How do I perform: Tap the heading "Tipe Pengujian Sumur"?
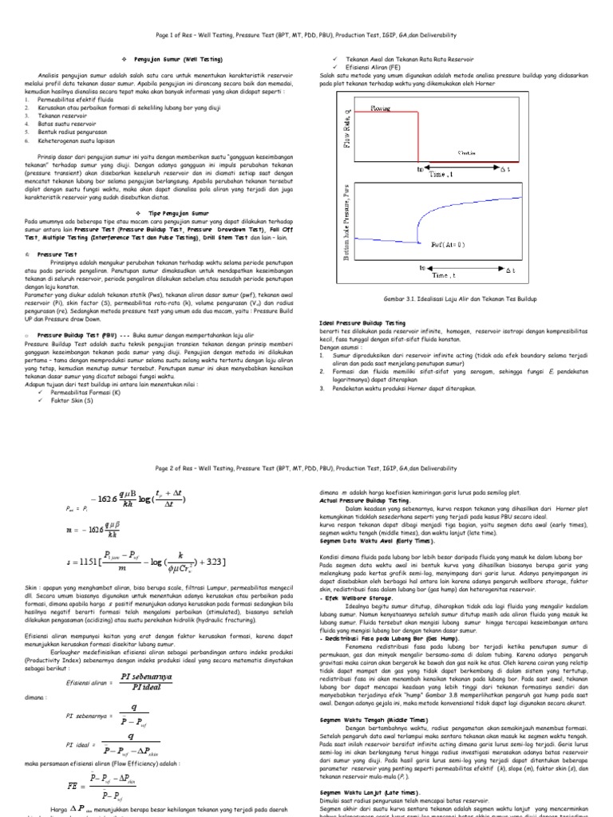[172, 214]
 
